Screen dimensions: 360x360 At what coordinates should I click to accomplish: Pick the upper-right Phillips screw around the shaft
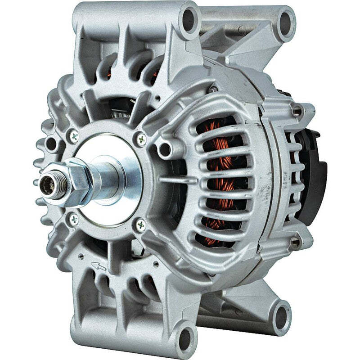[x=141, y=139]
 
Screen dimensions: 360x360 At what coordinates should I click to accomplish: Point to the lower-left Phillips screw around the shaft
[x=74, y=219]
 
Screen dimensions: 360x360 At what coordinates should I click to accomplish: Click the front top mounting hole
[x=188, y=19]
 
